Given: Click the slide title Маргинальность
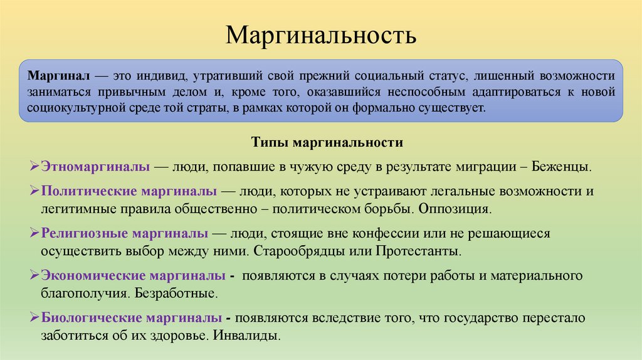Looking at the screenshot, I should coord(321,35).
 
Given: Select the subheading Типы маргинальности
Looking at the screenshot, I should coord(327,142).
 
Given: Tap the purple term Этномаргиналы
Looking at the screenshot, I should coord(95,167).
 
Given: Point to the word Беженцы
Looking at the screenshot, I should coord(560,167).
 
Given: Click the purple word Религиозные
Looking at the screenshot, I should coord(82,233).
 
